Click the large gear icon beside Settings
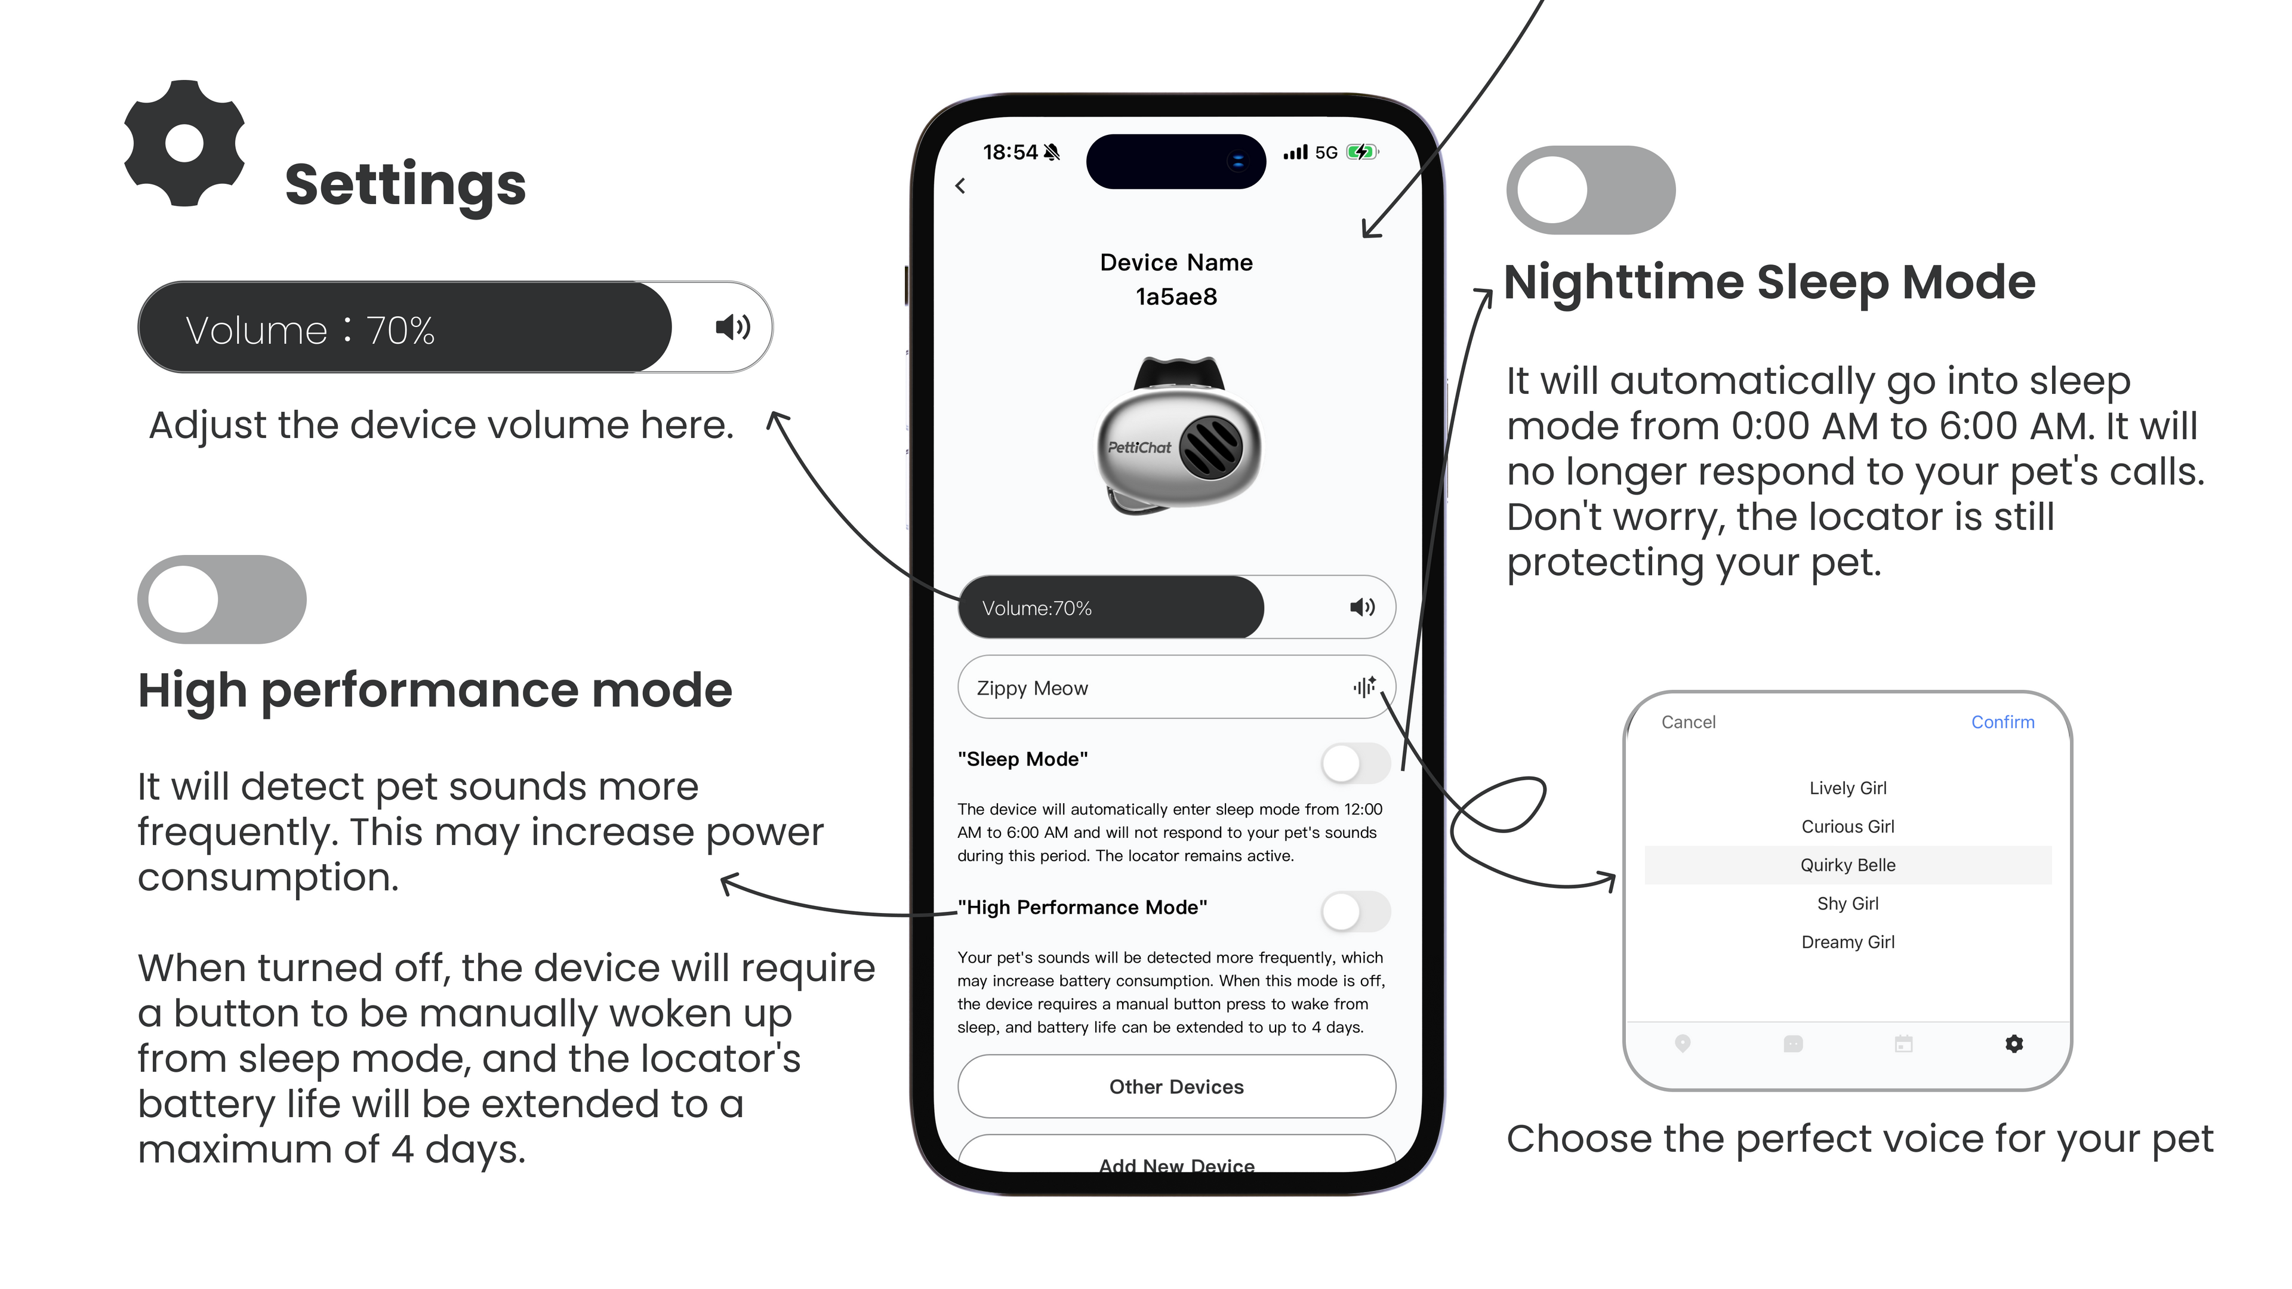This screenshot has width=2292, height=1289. pos(185,143)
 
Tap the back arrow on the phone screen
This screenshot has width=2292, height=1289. pos(960,186)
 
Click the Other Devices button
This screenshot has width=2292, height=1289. pos(1176,1086)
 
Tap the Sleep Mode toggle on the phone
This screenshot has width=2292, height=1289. pos(1355,763)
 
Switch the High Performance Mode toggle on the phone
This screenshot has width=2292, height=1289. pos(1355,911)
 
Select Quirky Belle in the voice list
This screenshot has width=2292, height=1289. pos(1848,865)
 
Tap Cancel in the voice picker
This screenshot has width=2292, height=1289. pos(1688,722)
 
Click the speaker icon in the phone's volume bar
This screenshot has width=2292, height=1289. pos(1362,608)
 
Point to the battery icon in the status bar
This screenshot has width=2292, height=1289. pos(1361,152)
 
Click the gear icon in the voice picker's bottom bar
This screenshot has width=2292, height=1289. pos(2014,1044)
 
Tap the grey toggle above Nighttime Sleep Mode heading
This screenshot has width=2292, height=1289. pos(1591,190)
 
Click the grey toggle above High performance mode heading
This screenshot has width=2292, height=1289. pos(221,600)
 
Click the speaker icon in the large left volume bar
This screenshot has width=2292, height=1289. pos(733,328)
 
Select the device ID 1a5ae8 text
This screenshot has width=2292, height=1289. pos(1176,297)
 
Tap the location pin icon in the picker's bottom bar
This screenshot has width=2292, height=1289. pos(1683,1044)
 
